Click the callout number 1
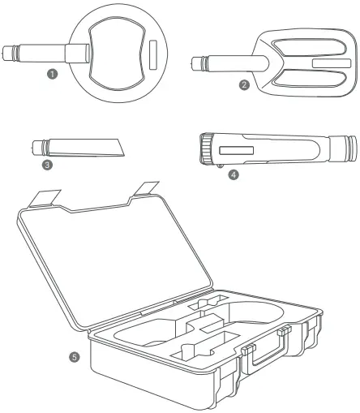pyautogui.click(x=54, y=73)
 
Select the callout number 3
pyautogui.click(x=48, y=165)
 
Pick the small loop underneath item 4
pyautogui.click(x=222, y=166)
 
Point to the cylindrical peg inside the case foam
pyautogui.click(x=185, y=350)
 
